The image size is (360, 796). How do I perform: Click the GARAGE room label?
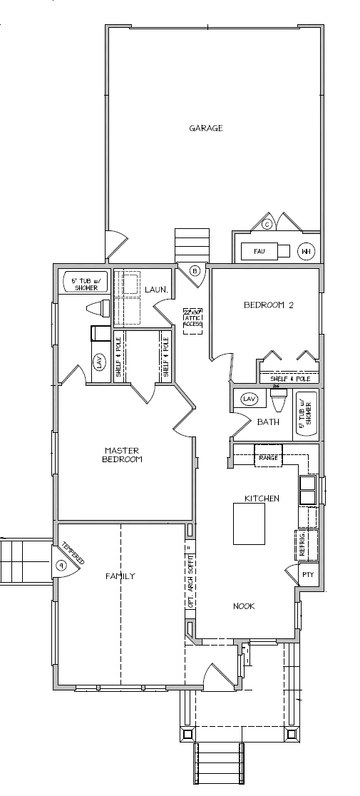coord(206,128)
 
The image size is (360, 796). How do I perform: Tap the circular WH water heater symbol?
coord(305,251)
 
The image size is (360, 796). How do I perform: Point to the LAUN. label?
coord(156,290)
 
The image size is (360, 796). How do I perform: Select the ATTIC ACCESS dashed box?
coord(192,319)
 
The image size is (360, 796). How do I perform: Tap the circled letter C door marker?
coord(267,224)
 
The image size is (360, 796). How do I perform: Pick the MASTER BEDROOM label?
coord(123,455)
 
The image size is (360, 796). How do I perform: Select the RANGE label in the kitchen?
coord(268,457)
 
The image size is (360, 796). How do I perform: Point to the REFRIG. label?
coord(303,544)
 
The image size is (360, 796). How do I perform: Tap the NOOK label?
coord(244,606)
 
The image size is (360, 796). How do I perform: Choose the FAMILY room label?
coord(120,576)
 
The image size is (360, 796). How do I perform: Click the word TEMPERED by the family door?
coord(72,552)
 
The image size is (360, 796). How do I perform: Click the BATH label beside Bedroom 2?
coord(268,422)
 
